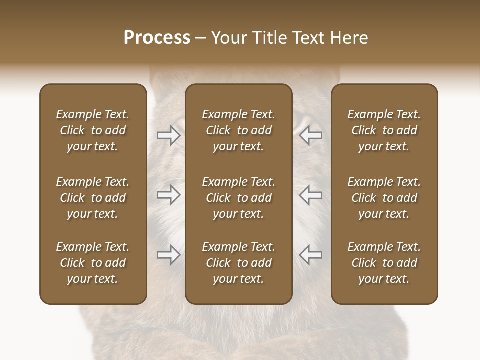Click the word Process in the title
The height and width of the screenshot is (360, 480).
click(x=157, y=38)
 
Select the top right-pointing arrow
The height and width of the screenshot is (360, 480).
click(x=168, y=135)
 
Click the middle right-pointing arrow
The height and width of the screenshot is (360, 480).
click(x=168, y=195)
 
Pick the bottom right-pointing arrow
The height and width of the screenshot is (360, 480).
click(x=168, y=254)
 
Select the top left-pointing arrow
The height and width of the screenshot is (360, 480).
click(x=310, y=135)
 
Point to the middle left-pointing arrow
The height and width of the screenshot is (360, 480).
click(x=310, y=195)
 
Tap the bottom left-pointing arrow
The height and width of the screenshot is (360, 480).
click(x=310, y=254)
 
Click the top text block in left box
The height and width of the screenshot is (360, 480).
click(x=93, y=130)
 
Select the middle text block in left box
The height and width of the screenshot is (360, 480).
click(x=93, y=198)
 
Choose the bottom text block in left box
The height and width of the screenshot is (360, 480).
click(x=93, y=263)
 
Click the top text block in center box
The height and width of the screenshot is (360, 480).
click(x=238, y=130)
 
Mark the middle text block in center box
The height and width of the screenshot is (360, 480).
click(x=238, y=198)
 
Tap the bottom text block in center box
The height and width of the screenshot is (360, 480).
click(x=238, y=263)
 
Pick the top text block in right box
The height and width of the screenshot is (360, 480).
click(x=384, y=130)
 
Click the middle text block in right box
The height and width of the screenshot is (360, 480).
click(x=384, y=198)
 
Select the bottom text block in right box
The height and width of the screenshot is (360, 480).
click(x=384, y=263)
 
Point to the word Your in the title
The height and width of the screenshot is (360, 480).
click(x=228, y=38)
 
